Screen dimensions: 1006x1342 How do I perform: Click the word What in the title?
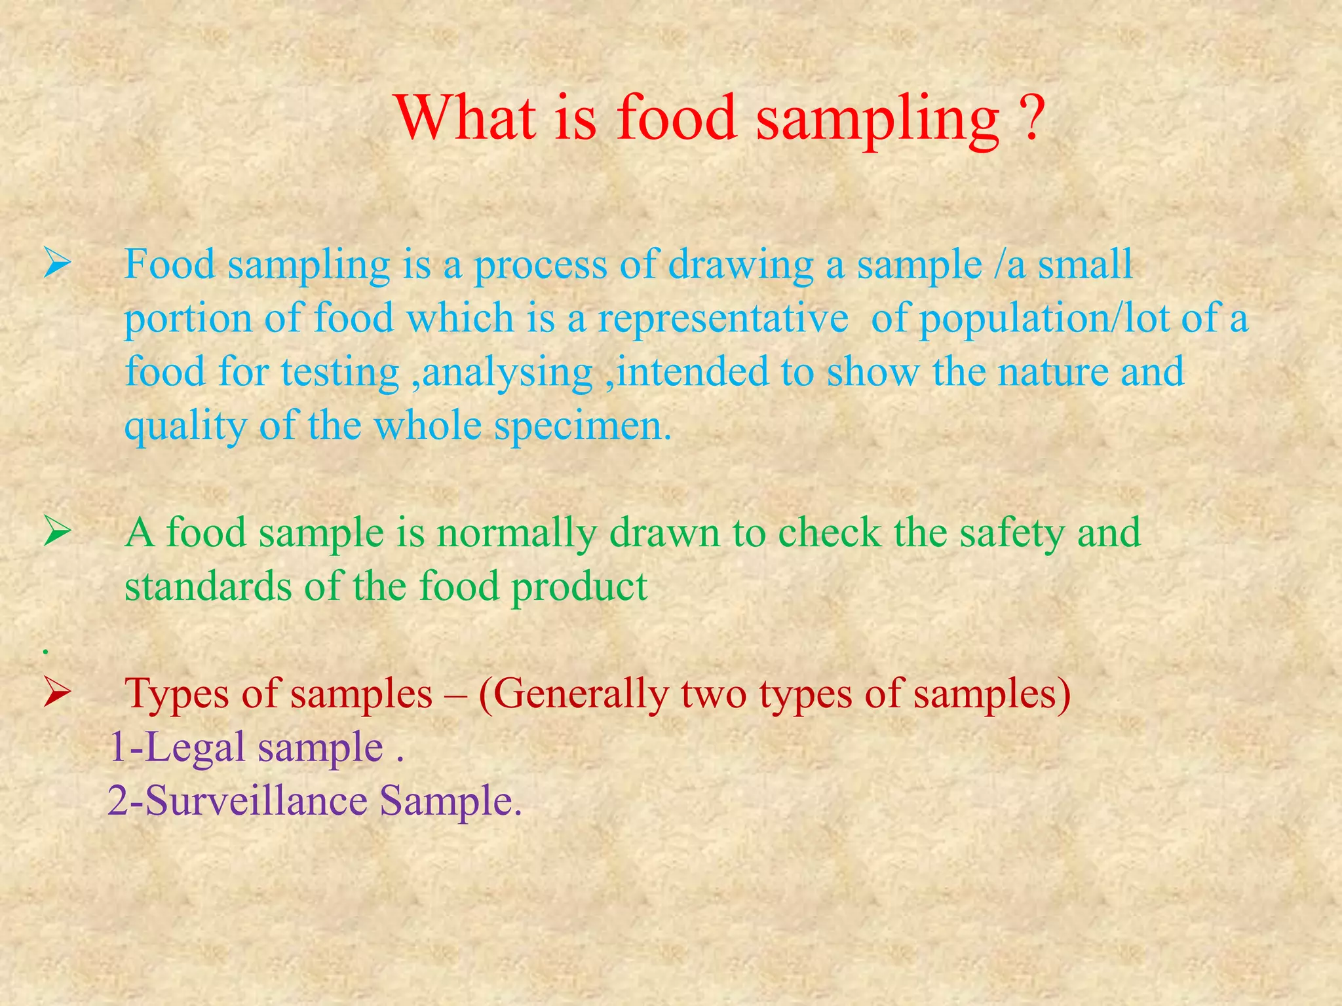465,118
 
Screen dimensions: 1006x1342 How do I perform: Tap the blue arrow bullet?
58,266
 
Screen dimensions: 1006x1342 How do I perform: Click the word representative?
723,320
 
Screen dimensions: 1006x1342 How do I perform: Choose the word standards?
208,586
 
